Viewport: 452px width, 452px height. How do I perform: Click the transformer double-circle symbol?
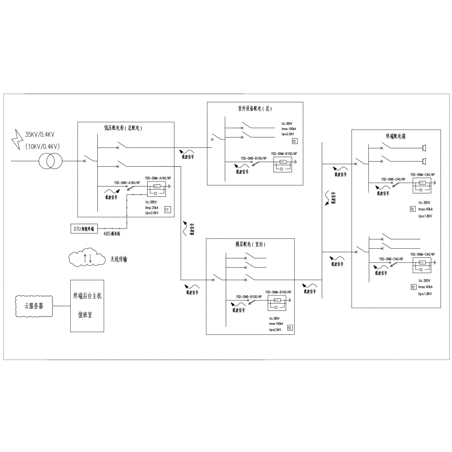(x=50, y=161)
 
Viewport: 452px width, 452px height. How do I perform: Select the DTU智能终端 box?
(x=84, y=229)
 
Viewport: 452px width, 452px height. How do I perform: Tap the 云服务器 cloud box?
(x=34, y=306)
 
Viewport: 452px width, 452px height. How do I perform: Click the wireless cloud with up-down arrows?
(x=86, y=259)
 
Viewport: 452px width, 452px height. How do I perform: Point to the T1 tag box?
(x=168, y=210)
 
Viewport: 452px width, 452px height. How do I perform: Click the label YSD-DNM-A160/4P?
(x=158, y=178)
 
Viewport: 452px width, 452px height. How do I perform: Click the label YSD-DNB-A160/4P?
(x=127, y=182)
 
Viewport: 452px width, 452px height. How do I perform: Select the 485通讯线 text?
(x=112, y=234)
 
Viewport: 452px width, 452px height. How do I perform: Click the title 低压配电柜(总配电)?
(x=123, y=128)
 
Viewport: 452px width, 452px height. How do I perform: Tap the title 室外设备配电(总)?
(x=255, y=109)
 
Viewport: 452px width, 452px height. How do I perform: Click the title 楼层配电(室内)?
(x=250, y=244)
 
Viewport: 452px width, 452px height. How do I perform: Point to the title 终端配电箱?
(x=396, y=136)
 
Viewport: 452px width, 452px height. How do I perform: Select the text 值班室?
(x=85, y=315)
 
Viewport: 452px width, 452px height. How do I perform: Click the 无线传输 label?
(x=119, y=259)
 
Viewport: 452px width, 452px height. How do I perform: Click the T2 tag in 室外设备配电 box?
(x=294, y=141)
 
